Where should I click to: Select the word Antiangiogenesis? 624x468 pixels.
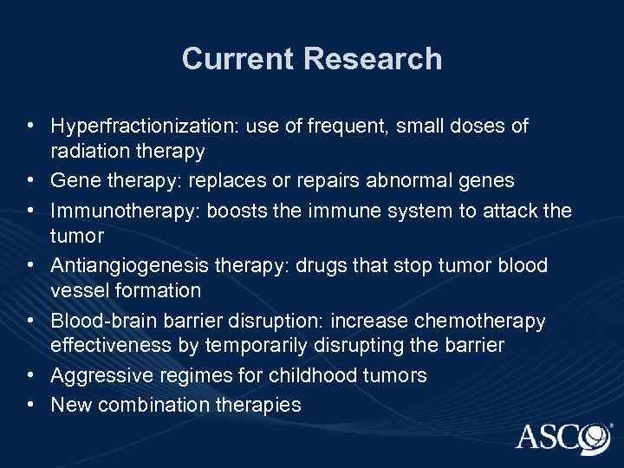tap(119, 264)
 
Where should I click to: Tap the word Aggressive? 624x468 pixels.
tap(94, 375)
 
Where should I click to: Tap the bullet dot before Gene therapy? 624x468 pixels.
tap(31, 180)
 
